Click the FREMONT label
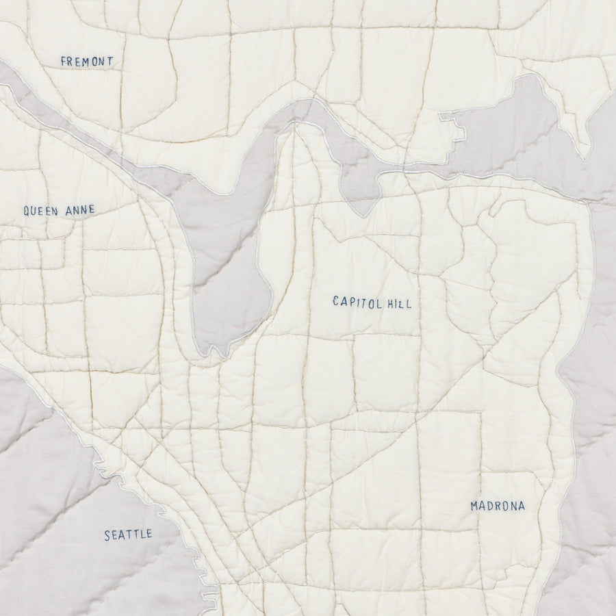pyautogui.click(x=87, y=62)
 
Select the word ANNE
pyautogui.click(x=80, y=211)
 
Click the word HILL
pyautogui.click(x=399, y=303)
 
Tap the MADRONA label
pyautogui.click(x=498, y=506)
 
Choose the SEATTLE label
pyautogui.click(x=128, y=535)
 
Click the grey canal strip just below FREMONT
pyautogui.click(x=48, y=110)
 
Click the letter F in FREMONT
pyautogui.click(x=64, y=62)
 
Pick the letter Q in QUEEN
pyautogui.click(x=27, y=211)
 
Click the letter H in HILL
pyautogui.click(x=389, y=303)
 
